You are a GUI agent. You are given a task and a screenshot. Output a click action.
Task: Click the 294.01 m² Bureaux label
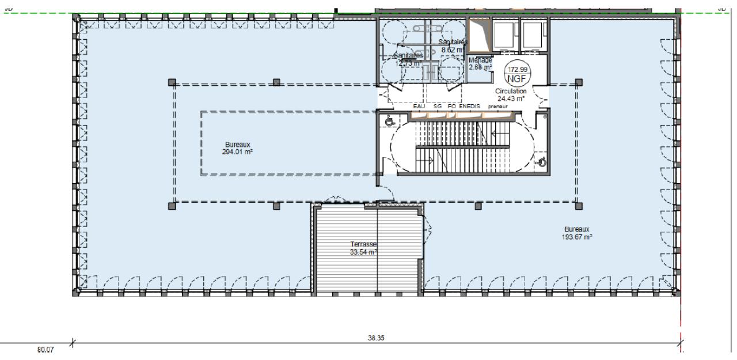click(x=238, y=148)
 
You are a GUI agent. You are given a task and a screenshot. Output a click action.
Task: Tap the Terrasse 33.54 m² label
click(x=363, y=248)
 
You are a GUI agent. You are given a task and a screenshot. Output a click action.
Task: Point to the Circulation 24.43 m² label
click(x=510, y=94)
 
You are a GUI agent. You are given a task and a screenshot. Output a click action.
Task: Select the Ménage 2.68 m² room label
click(x=480, y=64)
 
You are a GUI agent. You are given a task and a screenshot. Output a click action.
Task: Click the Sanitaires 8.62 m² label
click(x=453, y=46)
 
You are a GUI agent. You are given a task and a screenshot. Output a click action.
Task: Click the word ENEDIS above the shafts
click(x=469, y=107)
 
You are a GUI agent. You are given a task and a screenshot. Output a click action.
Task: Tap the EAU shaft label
click(x=419, y=107)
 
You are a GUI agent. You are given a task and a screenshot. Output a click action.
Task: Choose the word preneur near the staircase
click(x=499, y=107)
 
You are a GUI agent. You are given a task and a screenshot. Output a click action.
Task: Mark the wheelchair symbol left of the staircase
click(x=389, y=122)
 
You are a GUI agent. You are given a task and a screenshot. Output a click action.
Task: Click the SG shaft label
click(x=438, y=107)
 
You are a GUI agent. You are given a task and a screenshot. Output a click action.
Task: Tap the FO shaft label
click(x=452, y=107)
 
